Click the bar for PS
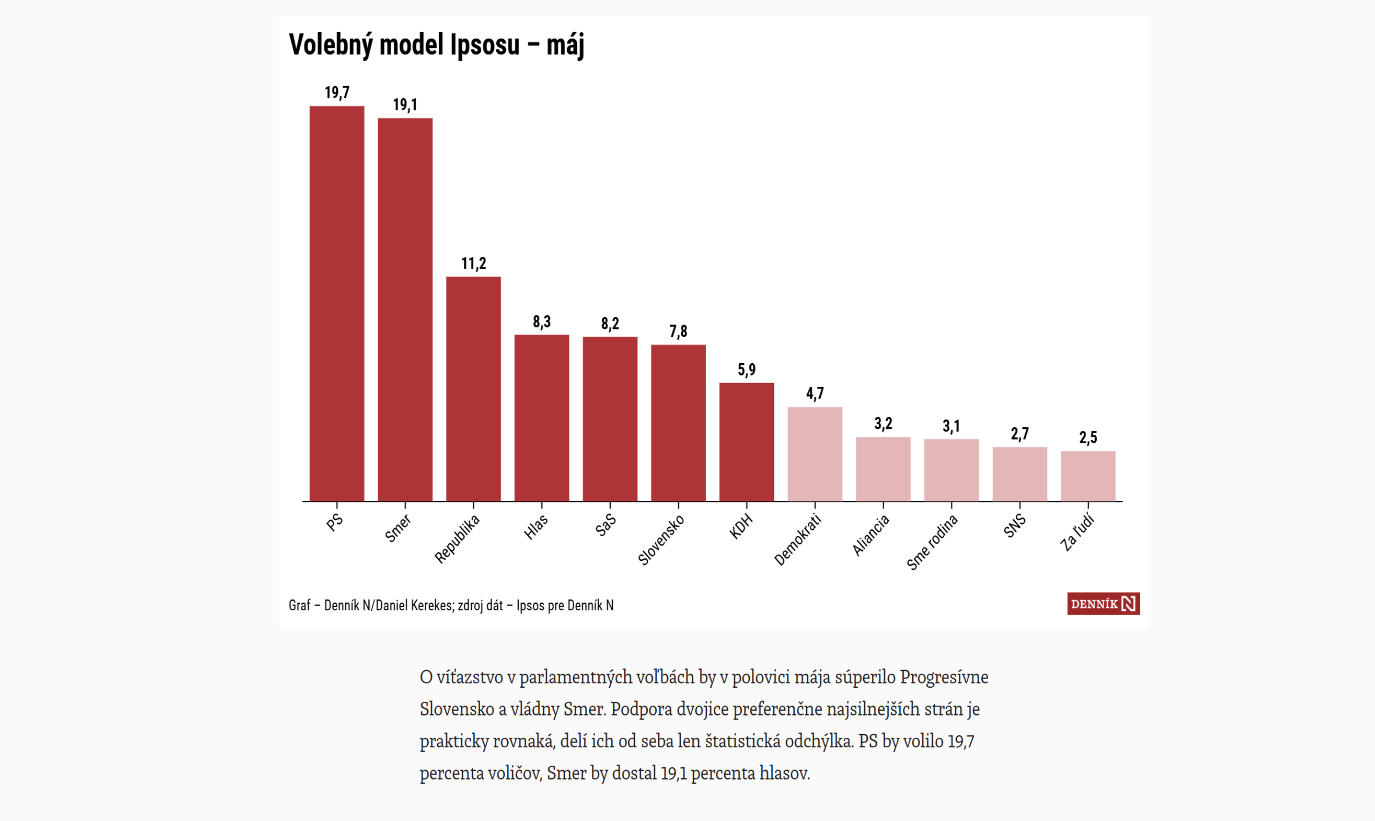(337, 304)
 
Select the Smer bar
(406, 310)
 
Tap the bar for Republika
(473, 389)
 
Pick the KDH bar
(747, 442)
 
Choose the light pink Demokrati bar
(815, 454)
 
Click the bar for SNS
(1019, 474)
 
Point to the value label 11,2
(474, 263)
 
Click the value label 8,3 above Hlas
(542, 322)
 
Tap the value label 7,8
(678, 332)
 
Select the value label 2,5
(1088, 438)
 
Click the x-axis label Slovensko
(661, 540)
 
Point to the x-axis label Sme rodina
(932, 542)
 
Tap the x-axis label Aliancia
(871, 535)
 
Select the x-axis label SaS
(605, 524)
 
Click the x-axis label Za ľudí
(1077, 533)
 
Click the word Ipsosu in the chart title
(485, 44)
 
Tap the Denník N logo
(1104, 603)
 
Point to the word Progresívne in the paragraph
(944, 677)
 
